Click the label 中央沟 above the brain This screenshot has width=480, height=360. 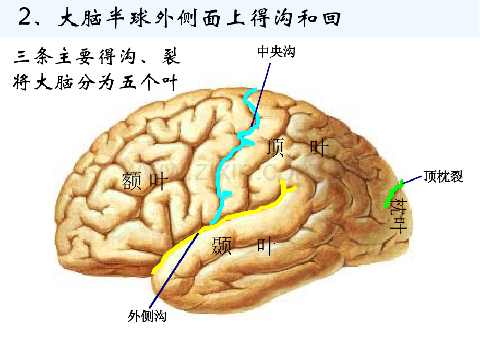pos(276,52)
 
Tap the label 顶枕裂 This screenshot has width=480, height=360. pos(443,177)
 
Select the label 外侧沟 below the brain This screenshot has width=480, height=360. pos(147,316)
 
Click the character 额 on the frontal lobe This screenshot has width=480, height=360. pos(131,181)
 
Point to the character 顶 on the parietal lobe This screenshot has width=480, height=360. pos(274,147)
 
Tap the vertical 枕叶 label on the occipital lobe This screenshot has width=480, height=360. pos(398,214)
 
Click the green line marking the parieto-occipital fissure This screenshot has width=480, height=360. pos(393,194)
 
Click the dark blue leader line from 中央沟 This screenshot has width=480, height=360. pos(260,95)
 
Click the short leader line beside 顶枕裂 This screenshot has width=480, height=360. pos(412,179)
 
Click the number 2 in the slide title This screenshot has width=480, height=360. pos(25,17)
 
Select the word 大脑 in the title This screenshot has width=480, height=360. pos(80,18)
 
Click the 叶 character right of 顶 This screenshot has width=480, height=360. pos(319,147)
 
